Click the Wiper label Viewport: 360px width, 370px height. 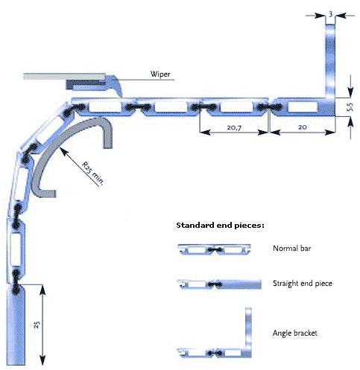tap(160, 74)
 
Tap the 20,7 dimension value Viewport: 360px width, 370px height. tap(234, 127)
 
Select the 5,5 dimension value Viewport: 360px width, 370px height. tap(350, 107)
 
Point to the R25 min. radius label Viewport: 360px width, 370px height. tap(92, 173)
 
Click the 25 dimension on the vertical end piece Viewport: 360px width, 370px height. tap(37, 325)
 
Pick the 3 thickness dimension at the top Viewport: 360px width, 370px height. tap(330, 15)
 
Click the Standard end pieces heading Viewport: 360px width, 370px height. tap(220, 226)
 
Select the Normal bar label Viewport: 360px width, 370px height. tap(291, 248)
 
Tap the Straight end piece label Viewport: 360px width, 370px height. tap(303, 283)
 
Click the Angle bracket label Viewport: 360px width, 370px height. tap(295, 333)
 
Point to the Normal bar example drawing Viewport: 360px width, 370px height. tap(214, 249)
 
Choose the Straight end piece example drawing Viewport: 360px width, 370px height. tap(219, 284)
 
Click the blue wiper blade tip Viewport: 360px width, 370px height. tap(121, 95)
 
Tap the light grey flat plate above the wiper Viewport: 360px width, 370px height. tap(64, 76)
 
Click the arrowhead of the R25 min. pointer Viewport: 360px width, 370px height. tap(61, 148)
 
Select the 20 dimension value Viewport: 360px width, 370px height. tap(302, 127)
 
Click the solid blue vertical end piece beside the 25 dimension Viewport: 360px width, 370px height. tap(16, 325)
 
